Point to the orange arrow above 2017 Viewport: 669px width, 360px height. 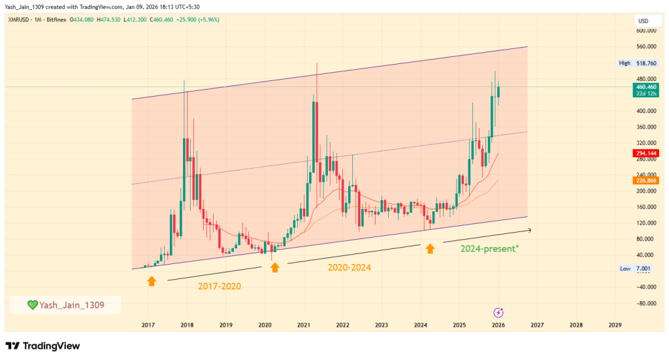click(x=152, y=281)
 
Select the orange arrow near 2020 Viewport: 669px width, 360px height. click(x=275, y=267)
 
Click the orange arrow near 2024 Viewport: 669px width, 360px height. click(x=430, y=248)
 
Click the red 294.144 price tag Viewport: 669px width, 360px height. click(x=645, y=153)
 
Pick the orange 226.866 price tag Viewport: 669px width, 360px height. click(x=645, y=180)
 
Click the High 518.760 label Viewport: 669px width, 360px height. click(x=637, y=63)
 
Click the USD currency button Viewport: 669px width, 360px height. click(x=643, y=21)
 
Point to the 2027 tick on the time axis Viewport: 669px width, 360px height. click(x=537, y=325)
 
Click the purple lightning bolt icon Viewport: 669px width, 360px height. click(x=498, y=313)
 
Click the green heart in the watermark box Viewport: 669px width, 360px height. click(x=32, y=305)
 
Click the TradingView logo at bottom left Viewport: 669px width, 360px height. click(x=42, y=346)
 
